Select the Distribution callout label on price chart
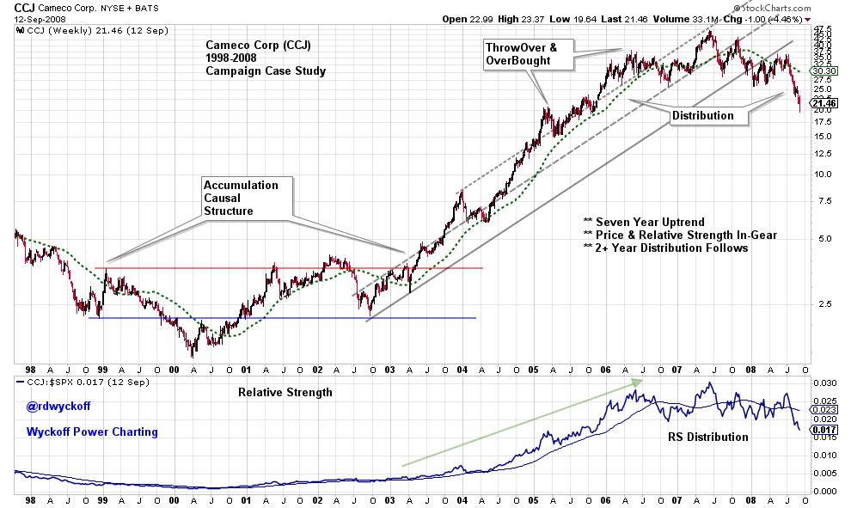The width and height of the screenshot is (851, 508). coord(703,115)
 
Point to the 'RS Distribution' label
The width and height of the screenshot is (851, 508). coord(707,437)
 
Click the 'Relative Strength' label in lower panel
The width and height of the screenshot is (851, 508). coord(285,392)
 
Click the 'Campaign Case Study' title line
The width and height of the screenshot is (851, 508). coord(266,71)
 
